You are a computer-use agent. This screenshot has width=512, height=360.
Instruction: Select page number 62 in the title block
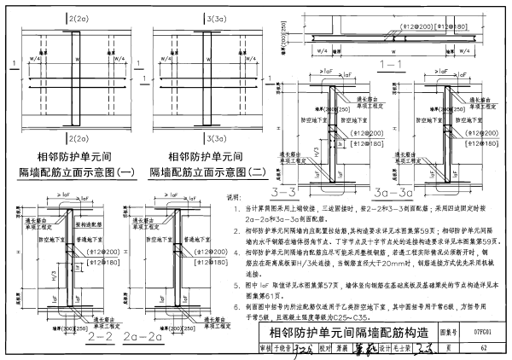[x=483, y=348]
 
